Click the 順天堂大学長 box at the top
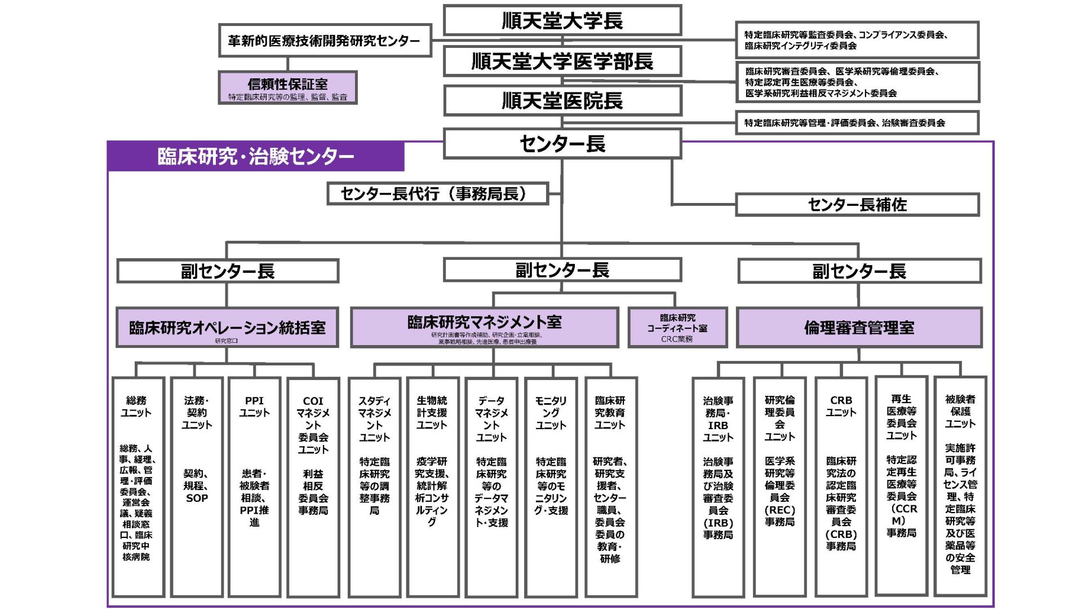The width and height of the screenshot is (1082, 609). pyautogui.click(x=562, y=21)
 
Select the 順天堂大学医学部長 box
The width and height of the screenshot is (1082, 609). pyautogui.click(x=562, y=61)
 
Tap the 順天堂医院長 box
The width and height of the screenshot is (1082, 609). pyautogui.click(x=562, y=101)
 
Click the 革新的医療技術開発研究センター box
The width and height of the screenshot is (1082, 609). pyautogui.click(x=325, y=41)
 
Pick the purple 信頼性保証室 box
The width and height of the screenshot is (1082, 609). pyautogui.click(x=287, y=87)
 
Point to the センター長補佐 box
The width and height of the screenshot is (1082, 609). pyautogui.click(x=857, y=205)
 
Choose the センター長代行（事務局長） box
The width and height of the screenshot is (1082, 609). pyautogui.click(x=437, y=193)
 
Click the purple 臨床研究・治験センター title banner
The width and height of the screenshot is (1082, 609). pyautogui.click(x=255, y=156)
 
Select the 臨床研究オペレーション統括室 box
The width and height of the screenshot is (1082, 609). pyautogui.click(x=227, y=328)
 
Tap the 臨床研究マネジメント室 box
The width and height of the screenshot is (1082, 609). pyautogui.click(x=484, y=327)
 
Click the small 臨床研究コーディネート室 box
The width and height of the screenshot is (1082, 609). pyautogui.click(x=677, y=328)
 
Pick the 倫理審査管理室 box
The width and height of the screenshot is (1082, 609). pyautogui.click(x=859, y=328)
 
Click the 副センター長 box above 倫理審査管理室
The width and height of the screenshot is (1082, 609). pyautogui.click(x=859, y=271)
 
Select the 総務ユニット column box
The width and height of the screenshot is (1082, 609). pyautogui.click(x=137, y=486)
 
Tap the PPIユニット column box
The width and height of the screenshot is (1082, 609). pyautogui.click(x=254, y=486)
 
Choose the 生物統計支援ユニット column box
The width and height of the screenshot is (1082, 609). pyautogui.click(x=432, y=486)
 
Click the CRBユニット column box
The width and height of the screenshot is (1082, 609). pyautogui.click(x=841, y=486)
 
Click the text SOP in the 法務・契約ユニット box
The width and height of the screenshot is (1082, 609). pyautogui.click(x=197, y=498)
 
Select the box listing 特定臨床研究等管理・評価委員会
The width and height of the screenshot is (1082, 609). pyautogui.click(x=857, y=123)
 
